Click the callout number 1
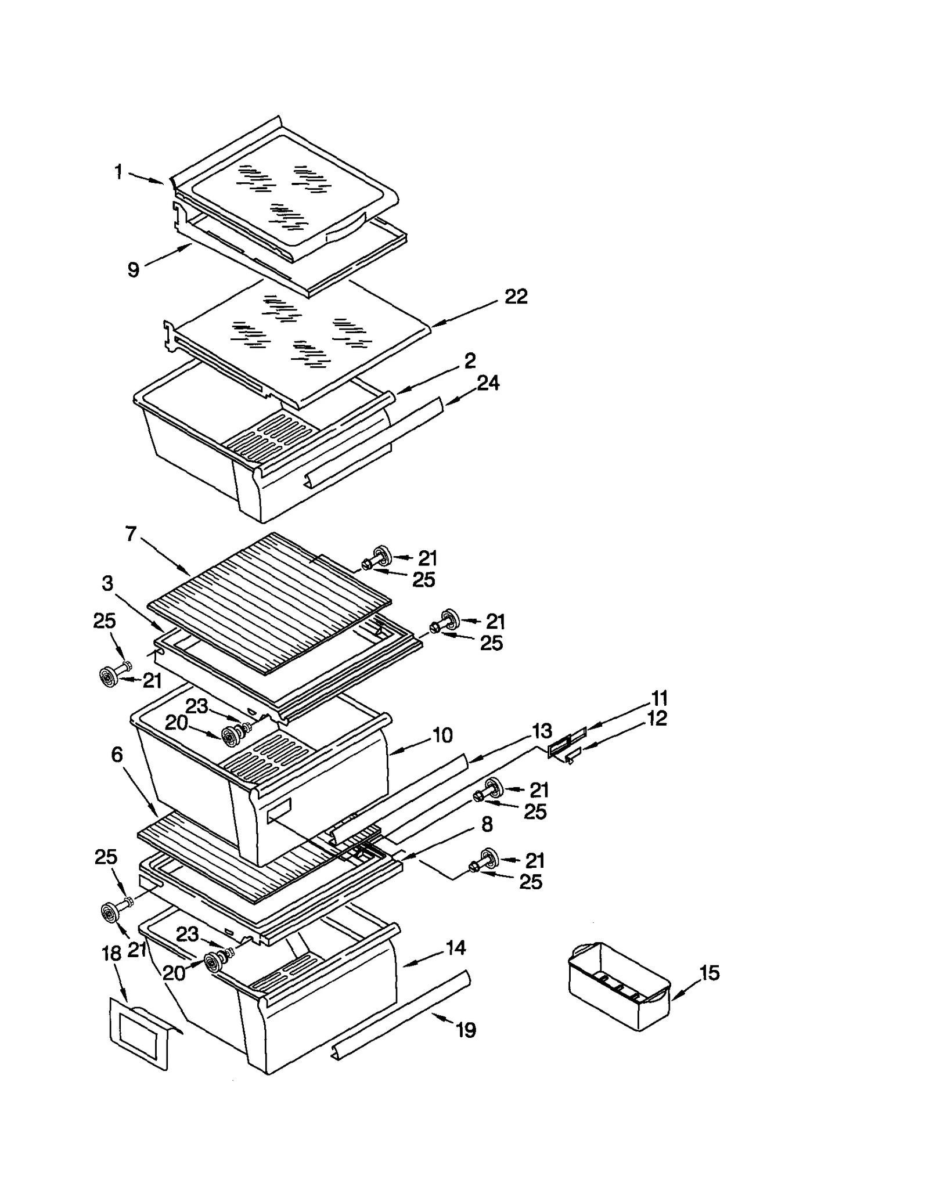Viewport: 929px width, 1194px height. (x=118, y=172)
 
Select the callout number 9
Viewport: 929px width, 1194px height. (x=134, y=269)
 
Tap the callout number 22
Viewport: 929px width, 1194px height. (x=516, y=297)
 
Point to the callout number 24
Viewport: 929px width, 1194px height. (x=488, y=383)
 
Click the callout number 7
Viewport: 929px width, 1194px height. (x=131, y=533)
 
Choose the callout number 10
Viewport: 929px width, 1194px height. (x=442, y=735)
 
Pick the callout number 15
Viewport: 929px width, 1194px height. (x=710, y=973)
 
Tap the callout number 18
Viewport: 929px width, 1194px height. (x=111, y=953)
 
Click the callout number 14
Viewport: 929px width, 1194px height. (x=455, y=948)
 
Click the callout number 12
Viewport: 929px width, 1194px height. (x=657, y=719)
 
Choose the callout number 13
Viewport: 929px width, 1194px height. (x=542, y=731)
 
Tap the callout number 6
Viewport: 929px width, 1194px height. (x=117, y=755)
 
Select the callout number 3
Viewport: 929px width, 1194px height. (x=107, y=583)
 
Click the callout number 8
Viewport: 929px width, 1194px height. (x=487, y=824)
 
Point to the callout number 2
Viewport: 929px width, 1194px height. (x=470, y=360)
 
